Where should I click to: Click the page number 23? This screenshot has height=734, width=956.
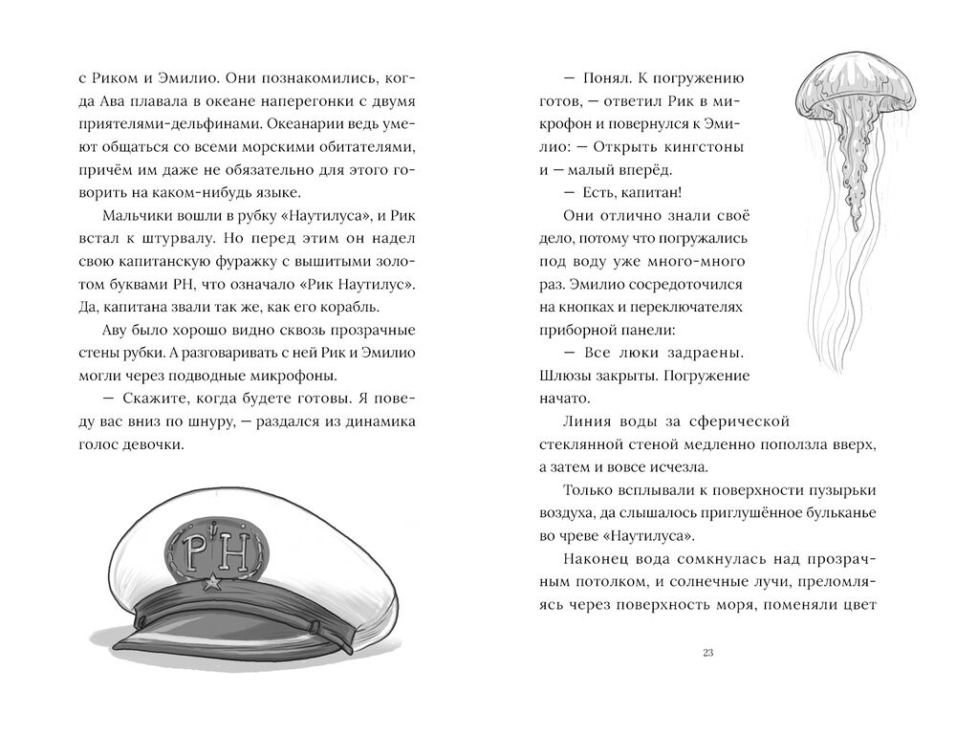point(708,654)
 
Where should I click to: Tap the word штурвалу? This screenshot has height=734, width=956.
point(173,238)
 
